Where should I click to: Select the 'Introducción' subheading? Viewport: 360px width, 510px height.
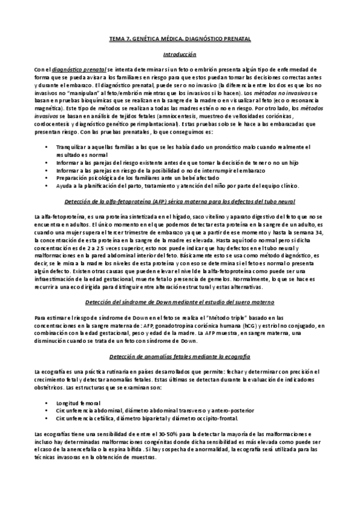click(180, 54)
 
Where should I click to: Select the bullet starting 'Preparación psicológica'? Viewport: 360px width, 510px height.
click(120, 178)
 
